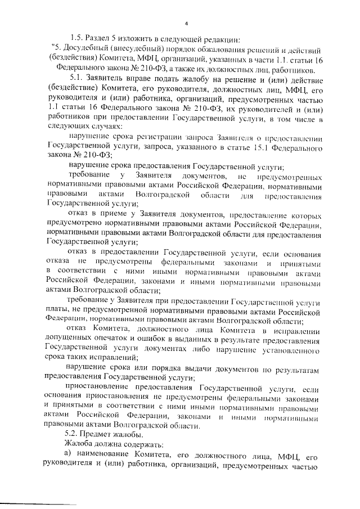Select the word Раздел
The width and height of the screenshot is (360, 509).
click(x=102, y=39)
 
